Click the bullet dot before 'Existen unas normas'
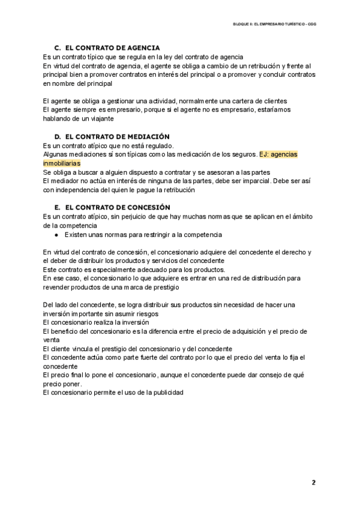tap(55, 235)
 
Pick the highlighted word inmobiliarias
tap(62, 163)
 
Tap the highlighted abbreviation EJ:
tap(266, 154)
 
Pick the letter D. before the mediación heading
tap(58, 137)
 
